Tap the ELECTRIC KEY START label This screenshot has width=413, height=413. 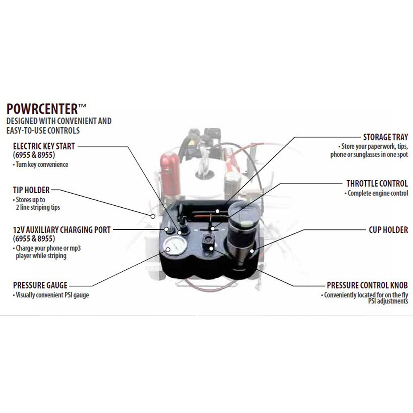(44, 146)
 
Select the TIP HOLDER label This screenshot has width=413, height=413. (31, 190)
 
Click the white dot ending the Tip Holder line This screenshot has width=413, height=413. (153, 216)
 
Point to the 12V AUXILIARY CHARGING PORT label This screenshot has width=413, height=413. (62, 230)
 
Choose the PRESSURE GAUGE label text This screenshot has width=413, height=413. (40, 285)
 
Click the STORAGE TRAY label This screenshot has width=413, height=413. (386, 137)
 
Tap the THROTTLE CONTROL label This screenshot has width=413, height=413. (377, 183)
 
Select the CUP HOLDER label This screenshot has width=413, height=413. (389, 230)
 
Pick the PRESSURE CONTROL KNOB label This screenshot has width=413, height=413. (368, 285)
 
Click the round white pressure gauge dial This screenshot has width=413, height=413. (175, 246)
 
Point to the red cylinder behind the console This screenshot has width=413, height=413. (170, 174)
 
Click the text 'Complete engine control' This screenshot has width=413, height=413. (376, 193)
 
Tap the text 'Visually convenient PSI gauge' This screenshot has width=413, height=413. (51, 295)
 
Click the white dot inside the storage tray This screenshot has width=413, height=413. (217, 211)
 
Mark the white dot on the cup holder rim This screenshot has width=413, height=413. (252, 251)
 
